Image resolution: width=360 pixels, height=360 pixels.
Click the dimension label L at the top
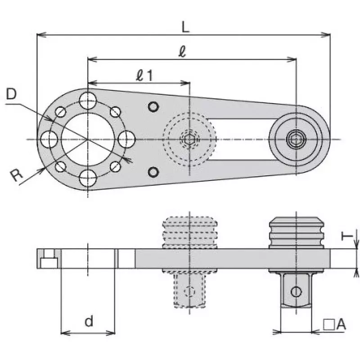click(185, 27)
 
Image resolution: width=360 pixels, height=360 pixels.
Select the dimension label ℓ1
click(144, 76)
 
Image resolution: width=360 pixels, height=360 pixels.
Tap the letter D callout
click(12, 94)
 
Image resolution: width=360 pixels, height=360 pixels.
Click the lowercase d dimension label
click(89, 321)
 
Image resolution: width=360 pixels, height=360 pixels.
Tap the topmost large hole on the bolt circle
click(88, 100)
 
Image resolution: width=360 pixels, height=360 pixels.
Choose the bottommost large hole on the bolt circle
click(88, 178)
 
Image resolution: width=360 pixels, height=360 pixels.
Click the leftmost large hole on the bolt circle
click(49, 139)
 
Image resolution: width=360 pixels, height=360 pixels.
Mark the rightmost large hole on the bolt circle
click(126, 139)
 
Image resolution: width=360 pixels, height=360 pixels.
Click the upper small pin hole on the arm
click(154, 107)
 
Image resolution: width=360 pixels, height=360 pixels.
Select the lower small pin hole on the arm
click(154, 172)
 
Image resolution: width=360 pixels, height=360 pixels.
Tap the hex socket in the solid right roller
click(296, 139)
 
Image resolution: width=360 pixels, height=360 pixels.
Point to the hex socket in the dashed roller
click(189, 139)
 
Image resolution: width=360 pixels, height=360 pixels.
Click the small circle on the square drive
click(296, 291)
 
